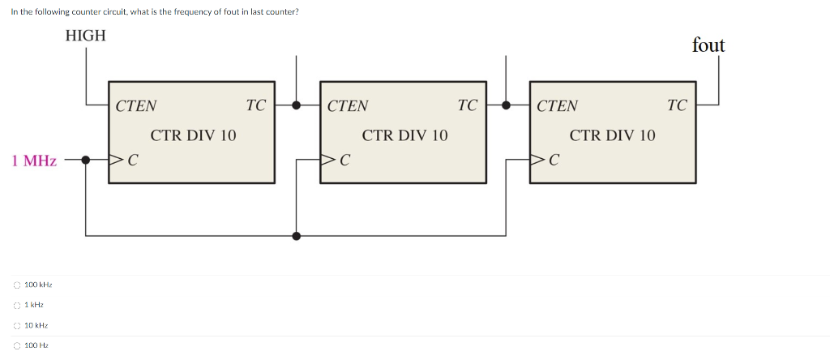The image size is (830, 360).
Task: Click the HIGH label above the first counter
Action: [85, 36]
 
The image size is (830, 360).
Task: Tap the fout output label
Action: [708, 45]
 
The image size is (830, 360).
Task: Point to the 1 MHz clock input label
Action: [34, 161]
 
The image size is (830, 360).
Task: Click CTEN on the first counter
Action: [136, 105]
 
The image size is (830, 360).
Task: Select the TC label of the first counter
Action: [255, 105]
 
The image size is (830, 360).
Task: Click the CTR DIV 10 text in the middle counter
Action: [404, 135]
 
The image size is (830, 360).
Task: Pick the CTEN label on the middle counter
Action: [348, 105]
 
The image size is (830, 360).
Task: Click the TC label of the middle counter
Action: [467, 105]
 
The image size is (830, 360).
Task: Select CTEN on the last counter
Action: [558, 105]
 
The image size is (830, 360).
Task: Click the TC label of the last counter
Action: [677, 105]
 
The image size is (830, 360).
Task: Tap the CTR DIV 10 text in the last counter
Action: [613, 135]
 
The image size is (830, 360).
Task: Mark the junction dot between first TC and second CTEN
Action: [297, 105]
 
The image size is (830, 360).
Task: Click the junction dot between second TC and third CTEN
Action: [507, 105]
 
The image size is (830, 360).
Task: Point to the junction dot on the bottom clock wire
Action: [297, 236]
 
